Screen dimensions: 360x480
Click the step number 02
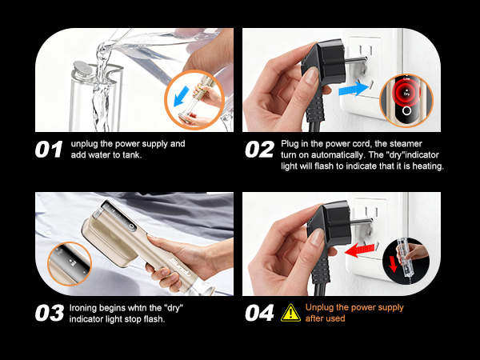(260, 150)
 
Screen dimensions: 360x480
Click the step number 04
(260, 313)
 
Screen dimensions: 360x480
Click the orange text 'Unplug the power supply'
(354, 307)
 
